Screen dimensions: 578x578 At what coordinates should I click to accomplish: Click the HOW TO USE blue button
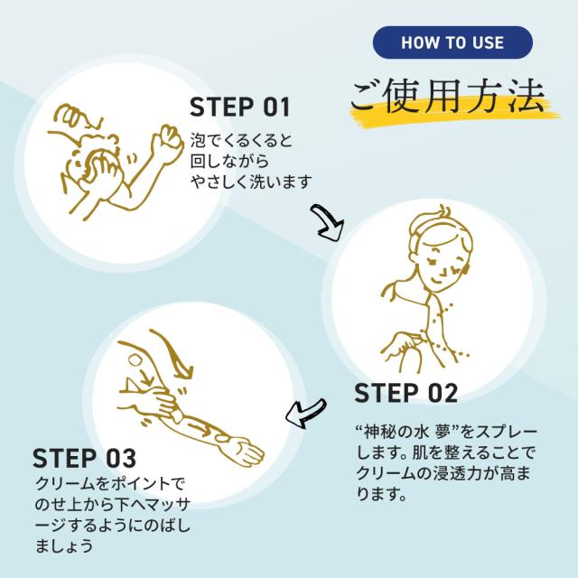coord(452,42)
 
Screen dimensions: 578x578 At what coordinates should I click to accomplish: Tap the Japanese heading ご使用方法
coord(448,97)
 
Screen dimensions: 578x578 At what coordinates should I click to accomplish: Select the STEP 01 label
coord(240,107)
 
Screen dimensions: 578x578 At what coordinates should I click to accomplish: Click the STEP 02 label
coord(406,393)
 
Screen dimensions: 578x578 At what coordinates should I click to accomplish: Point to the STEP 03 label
coord(84,458)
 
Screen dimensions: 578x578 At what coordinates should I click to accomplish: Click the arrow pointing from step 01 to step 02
coord(326,223)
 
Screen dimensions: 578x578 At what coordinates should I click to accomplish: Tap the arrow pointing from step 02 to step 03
coord(306,413)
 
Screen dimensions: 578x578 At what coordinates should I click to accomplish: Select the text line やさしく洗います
coord(251,182)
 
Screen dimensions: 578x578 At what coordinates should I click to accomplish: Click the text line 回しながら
coord(229,162)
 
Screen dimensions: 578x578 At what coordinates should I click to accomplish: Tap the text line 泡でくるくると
coord(241,141)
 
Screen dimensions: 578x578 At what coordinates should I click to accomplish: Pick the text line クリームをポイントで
coord(109,484)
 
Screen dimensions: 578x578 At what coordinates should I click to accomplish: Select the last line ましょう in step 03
coord(64,545)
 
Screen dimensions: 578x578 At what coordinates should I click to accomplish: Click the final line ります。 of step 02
coord(381,494)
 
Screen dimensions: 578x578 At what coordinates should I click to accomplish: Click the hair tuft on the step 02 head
coord(443,213)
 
